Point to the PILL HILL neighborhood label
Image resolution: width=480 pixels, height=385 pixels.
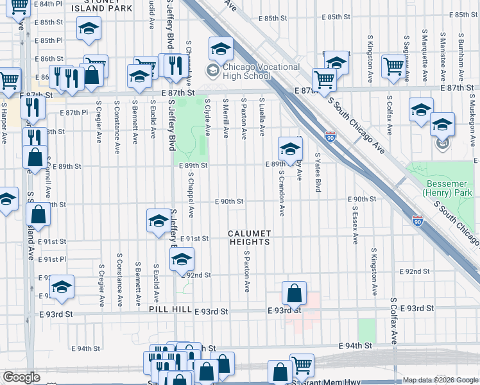click(x=169, y=309)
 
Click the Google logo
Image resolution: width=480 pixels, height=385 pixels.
click(x=21, y=377)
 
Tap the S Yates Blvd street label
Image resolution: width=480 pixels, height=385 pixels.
click(x=318, y=172)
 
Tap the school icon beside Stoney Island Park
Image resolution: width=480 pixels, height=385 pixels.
click(x=89, y=28)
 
